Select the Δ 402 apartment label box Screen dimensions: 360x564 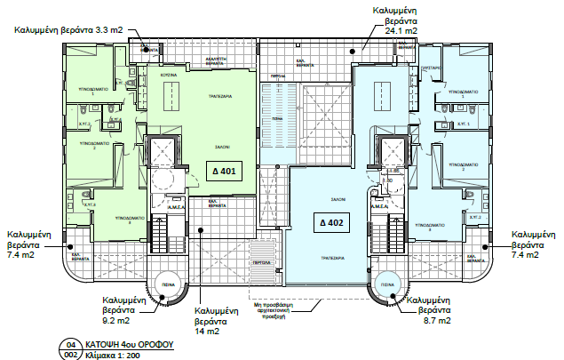click(x=332, y=221)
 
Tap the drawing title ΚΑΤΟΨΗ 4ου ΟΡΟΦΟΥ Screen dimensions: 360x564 click(x=128, y=341)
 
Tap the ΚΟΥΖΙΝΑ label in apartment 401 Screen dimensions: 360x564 click(x=170, y=76)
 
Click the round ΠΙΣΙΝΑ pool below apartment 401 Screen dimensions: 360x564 click(x=167, y=286)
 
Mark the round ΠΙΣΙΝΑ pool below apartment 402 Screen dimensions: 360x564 click(x=387, y=286)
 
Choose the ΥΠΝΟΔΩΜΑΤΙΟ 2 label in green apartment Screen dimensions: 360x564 click(x=105, y=144)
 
